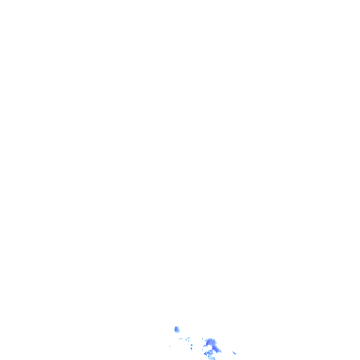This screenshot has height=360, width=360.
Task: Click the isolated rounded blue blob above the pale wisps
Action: [x=177, y=329]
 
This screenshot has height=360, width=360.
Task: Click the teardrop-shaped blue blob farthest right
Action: [x=234, y=352]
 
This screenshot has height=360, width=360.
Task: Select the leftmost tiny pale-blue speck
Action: [x=170, y=346]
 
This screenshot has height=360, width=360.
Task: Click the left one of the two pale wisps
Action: [x=180, y=338]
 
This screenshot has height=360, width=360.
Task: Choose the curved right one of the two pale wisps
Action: [x=188, y=339]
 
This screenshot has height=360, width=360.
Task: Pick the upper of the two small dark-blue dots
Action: [x=191, y=345]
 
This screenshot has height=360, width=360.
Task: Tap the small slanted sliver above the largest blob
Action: [x=202, y=338]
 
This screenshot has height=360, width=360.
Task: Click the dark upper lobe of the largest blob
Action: [x=209, y=342]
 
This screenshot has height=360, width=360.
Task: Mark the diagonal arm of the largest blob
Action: [x=217, y=349]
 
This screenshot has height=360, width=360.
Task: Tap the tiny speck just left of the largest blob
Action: [x=202, y=349]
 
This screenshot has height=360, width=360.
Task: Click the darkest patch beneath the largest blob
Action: [x=205, y=354]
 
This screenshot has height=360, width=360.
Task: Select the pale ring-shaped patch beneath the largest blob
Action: [x=210, y=352]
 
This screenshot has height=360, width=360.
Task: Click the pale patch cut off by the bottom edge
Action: [x=212, y=358]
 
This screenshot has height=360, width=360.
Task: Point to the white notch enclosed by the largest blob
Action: [x=209, y=347]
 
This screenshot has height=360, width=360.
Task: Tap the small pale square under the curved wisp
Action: [x=188, y=344]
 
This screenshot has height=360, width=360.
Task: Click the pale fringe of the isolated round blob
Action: [x=178, y=331]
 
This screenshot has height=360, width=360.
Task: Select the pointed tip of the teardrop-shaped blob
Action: [x=233, y=351]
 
